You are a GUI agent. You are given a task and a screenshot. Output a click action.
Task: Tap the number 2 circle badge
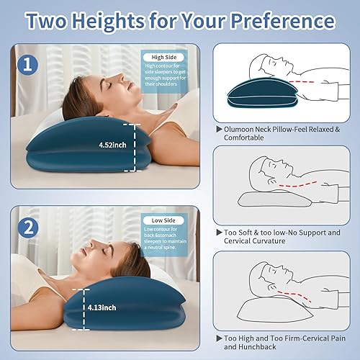click(27, 229)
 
